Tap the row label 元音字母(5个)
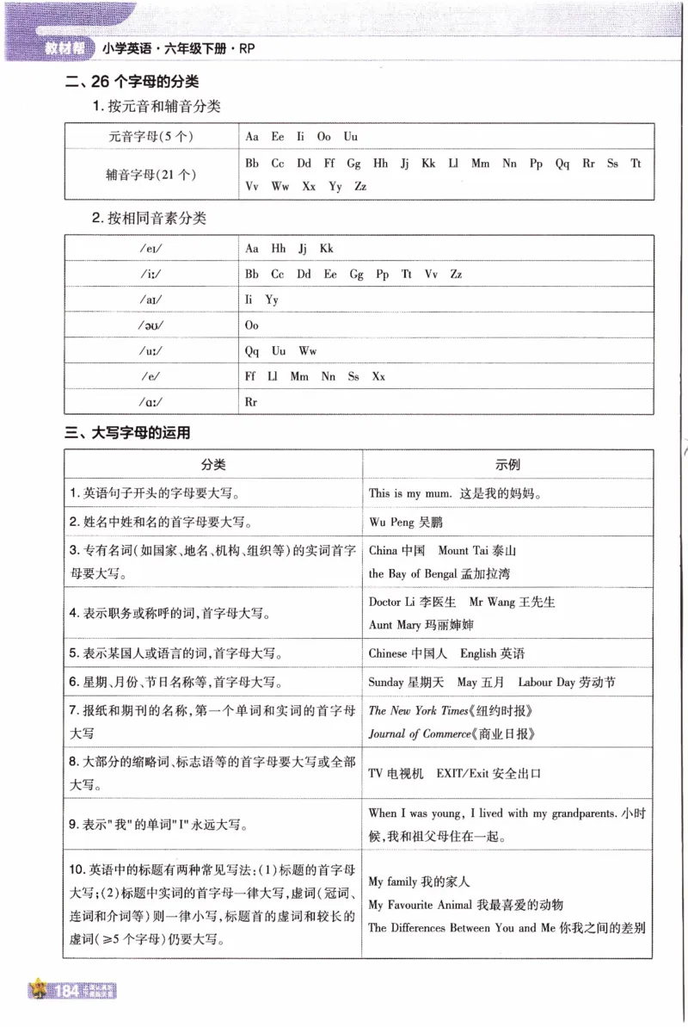pos(151,137)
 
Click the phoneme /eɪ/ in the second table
pos(151,249)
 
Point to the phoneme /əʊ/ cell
pos(151,325)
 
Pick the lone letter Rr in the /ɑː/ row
pos(251,402)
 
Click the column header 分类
pos(213,465)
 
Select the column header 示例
pos(507,465)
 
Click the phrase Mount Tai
pos(465,551)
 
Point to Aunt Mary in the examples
pos(393,625)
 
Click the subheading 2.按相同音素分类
pos(150,219)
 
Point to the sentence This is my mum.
pos(411,494)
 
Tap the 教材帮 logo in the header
pos(64,49)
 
